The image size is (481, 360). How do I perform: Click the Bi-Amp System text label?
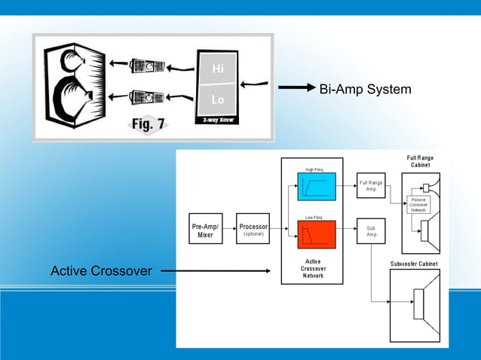pyautogui.click(x=365, y=90)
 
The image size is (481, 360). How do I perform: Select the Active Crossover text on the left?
pyautogui.click(x=101, y=270)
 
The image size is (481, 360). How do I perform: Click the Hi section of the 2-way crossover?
pyautogui.click(x=217, y=69)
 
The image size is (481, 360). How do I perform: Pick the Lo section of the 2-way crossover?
pyautogui.click(x=217, y=99)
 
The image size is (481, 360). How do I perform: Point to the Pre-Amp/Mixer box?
pyautogui.click(x=205, y=230)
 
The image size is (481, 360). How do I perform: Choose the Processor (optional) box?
pyautogui.click(x=253, y=230)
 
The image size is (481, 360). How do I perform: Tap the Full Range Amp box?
pyautogui.click(x=371, y=185)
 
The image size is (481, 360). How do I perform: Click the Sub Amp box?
pyautogui.click(x=371, y=231)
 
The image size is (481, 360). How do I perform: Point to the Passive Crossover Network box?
pyautogui.click(x=419, y=204)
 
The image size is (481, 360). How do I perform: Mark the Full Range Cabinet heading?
pyautogui.click(x=420, y=161)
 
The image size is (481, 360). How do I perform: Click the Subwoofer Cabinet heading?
pyautogui.click(x=414, y=264)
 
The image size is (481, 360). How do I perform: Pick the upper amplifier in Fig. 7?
pyautogui.click(x=147, y=67)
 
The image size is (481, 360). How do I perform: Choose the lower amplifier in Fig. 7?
pyautogui.click(x=147, y=97)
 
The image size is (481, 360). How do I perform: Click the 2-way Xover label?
pyautogui.click(x=216, y=120)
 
